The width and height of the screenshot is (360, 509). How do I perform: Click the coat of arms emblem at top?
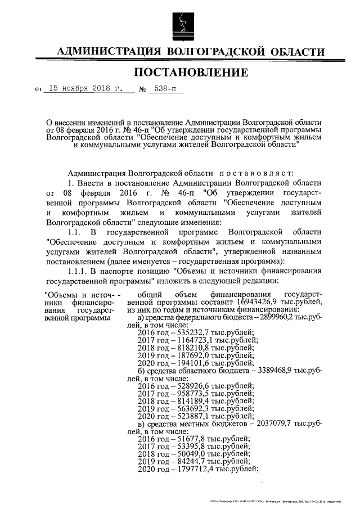click(x=180, y=24)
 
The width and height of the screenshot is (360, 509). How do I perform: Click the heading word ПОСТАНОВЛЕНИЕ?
click(x=191, y=72)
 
